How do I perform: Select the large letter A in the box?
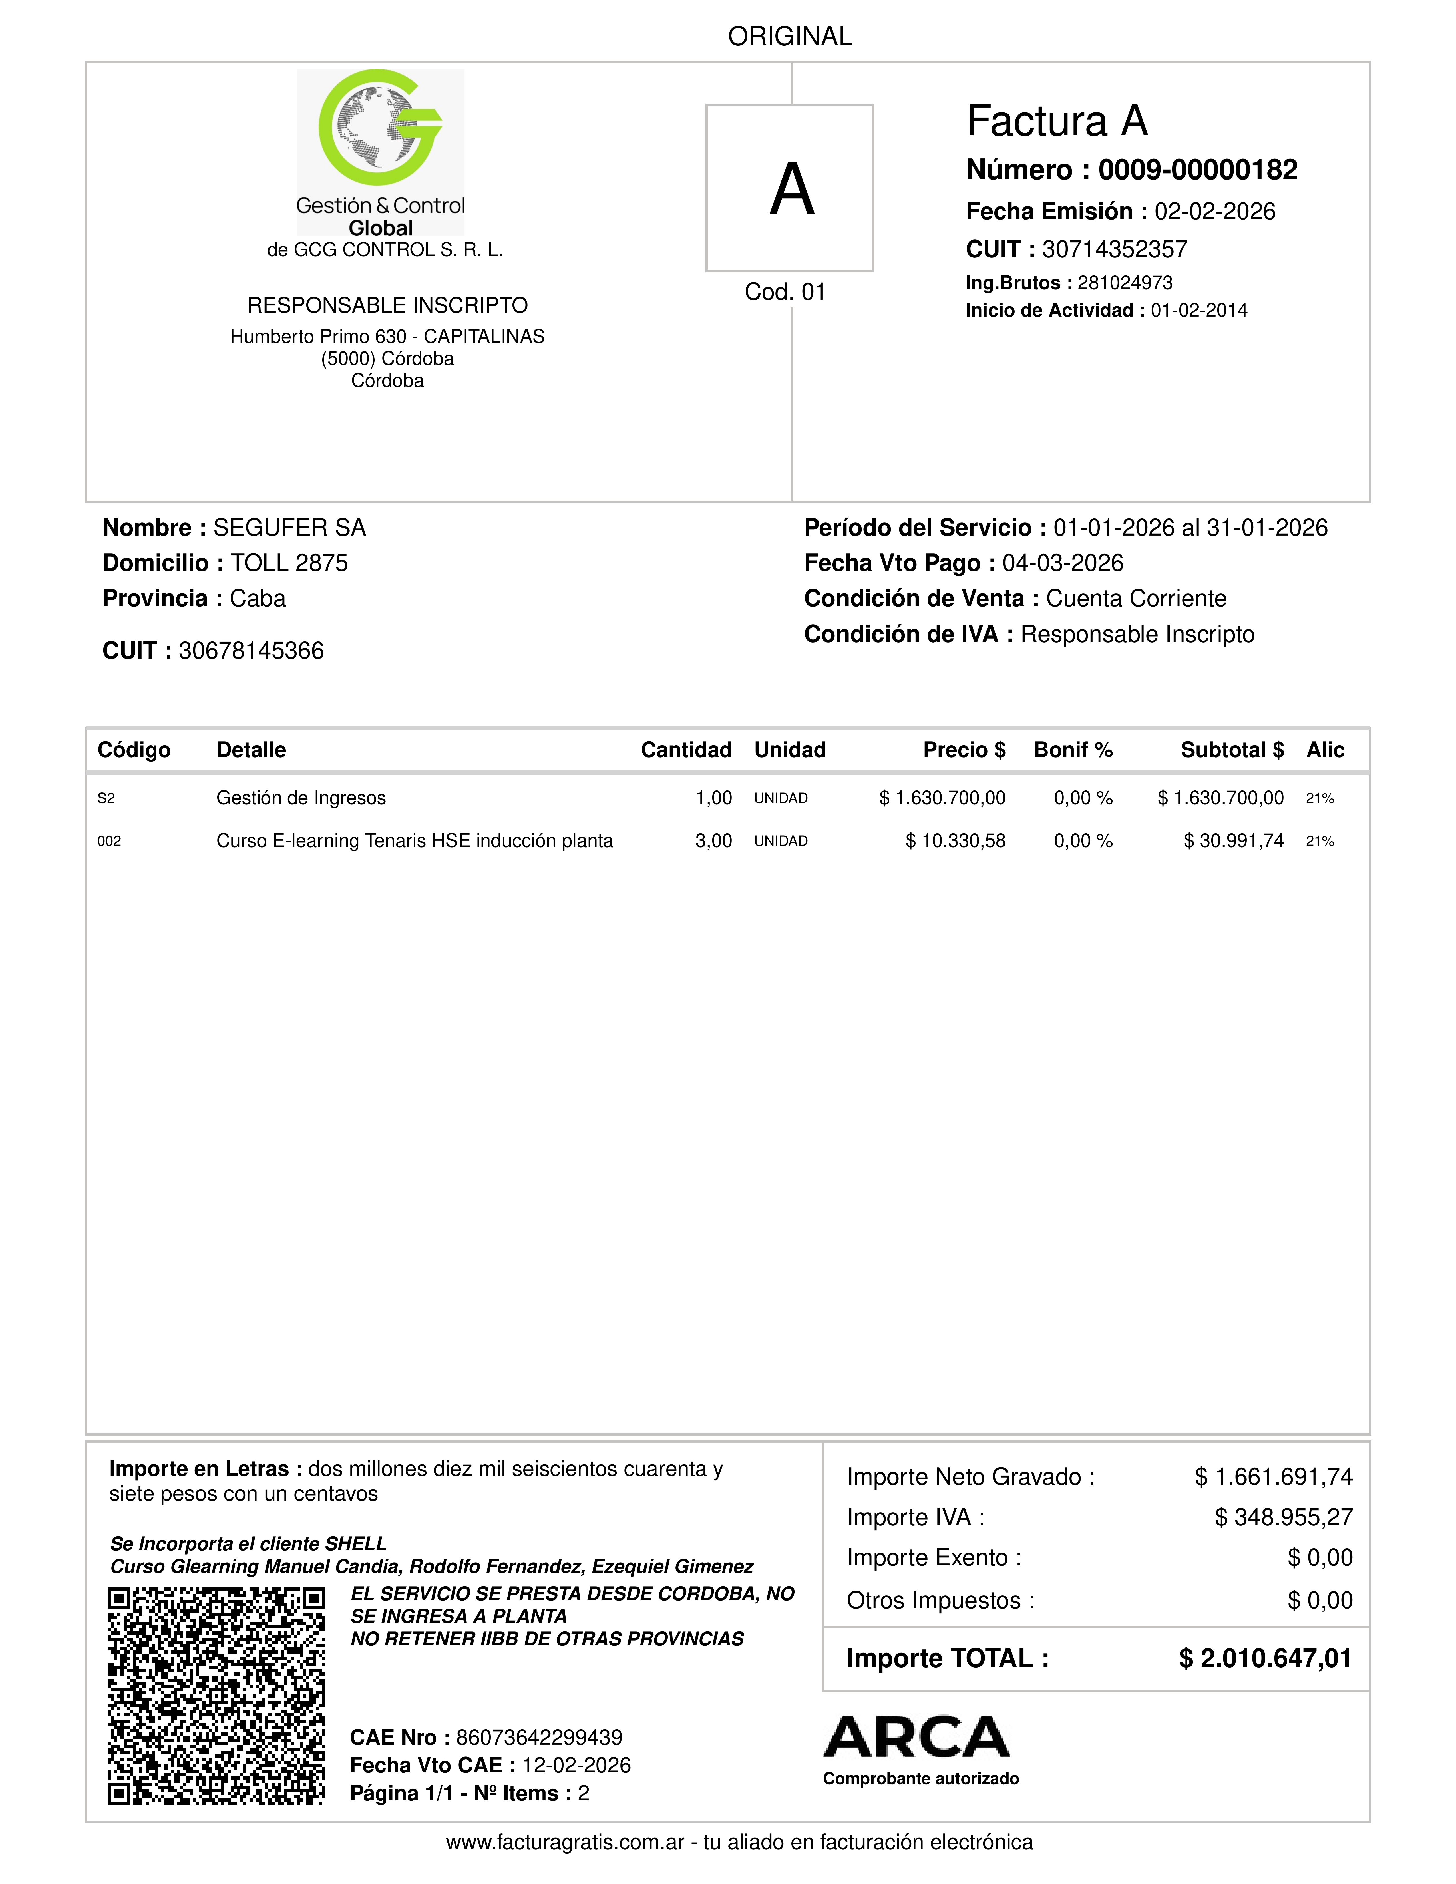pos(791,190)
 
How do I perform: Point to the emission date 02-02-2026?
pos(1214,211)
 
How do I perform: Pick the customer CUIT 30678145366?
pos(251,651)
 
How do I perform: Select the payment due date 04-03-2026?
pos(1063,563)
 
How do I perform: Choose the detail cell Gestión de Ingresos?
pos(301,798)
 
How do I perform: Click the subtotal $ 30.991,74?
pos(1233,841)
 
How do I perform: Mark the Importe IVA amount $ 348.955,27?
pos(1284,1517)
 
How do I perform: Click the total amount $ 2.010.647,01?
pos(1264,1659)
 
